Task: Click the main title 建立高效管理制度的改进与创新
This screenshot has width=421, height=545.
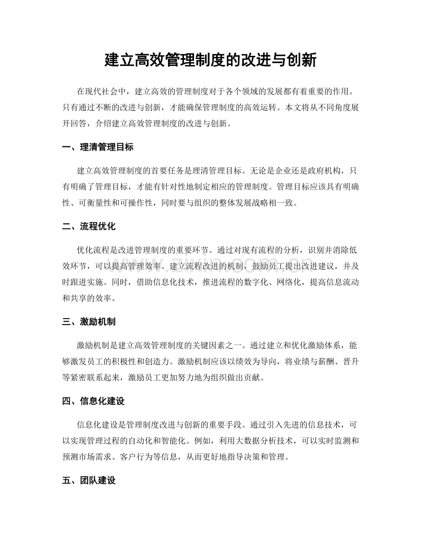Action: (x=210, y=59)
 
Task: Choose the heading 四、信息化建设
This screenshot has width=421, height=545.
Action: (x=94, y=401)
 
